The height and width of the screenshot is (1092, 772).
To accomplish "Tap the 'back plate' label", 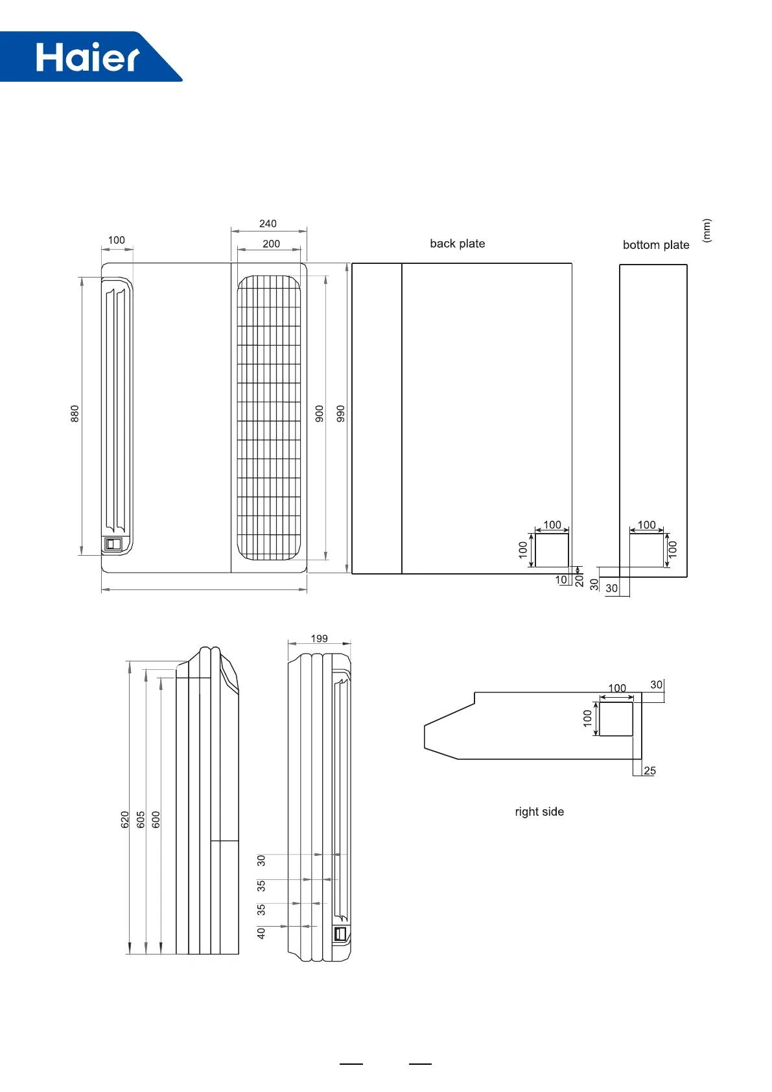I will (x=457, y=244).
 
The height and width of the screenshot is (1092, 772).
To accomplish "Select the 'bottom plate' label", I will (x=655, y=245).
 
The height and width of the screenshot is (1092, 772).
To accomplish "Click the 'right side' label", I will (x=539, y=812).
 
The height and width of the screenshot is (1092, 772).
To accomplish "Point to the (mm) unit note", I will (x=707, y=231).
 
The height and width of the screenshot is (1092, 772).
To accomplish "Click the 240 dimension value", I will (x=268, y=224).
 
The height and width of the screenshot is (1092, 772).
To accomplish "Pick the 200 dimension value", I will (x=271, y=244).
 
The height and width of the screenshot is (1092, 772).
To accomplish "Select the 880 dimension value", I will (x=75, y=414).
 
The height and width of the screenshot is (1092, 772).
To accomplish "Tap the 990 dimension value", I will (x=341, y=414).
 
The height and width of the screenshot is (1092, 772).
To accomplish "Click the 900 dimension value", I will (x=320, y=414).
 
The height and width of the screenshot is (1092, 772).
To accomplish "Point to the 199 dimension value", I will (x=319, y=639).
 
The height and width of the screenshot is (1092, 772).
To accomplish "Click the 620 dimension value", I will (x=125, y=820).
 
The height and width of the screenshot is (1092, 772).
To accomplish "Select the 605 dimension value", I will (x=141, y=820).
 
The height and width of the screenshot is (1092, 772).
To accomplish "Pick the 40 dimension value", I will (x=261, y=933).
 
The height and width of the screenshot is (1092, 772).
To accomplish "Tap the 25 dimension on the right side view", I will (x=649, y=771).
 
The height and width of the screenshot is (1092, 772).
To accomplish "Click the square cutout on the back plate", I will (x=552, y=551).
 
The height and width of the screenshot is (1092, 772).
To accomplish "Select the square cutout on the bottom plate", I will (x=646, y=551).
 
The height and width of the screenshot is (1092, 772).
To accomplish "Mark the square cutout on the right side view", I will (x=616, y=718).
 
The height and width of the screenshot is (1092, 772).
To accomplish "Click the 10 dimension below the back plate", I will (x=561, y=580).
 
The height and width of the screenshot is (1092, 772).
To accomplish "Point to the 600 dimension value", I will (x=156, y=820).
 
